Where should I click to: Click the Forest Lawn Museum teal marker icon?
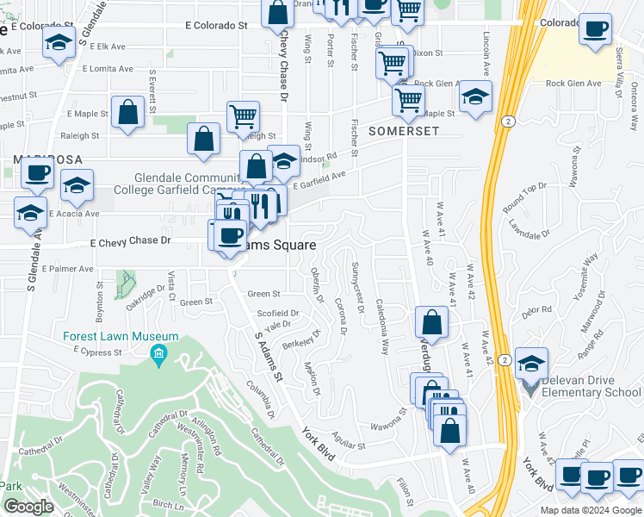coord(158,353)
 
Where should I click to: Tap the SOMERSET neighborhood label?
coord(404,132)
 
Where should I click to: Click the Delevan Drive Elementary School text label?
coord(586,394)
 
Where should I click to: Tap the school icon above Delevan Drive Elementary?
coord(532,364)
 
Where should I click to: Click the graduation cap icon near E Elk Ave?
coord(59,44)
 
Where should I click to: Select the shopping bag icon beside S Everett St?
coord(127,113)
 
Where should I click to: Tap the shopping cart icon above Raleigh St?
coord(244,115)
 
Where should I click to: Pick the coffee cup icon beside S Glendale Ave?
coord(38,173)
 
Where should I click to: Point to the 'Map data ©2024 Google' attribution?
coord(591,510)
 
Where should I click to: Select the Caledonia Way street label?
coord(382,327)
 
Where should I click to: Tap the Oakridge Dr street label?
coord(146,293)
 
